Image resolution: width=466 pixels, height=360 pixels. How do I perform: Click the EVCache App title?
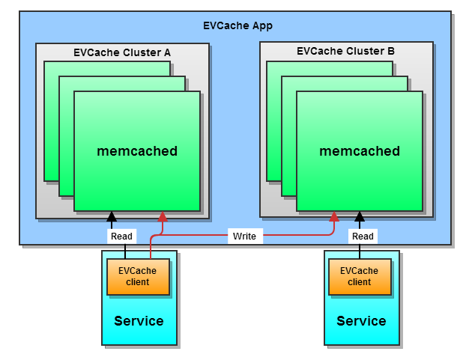click(237, 25)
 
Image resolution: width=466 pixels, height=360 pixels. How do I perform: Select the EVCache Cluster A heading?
click(122, 52)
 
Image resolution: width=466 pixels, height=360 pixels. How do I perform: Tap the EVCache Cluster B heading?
click(345, 52)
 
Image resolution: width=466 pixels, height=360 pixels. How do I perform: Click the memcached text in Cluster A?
click(137, 151)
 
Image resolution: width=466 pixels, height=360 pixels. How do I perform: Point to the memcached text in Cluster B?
click(360, 151)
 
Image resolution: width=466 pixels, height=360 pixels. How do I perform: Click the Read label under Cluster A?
click(121, 237)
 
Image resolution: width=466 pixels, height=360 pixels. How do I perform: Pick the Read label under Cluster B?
click(363, 237)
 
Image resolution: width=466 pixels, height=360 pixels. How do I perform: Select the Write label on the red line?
click(244, 237)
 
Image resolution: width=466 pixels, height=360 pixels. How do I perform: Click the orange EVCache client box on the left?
click(138, 277)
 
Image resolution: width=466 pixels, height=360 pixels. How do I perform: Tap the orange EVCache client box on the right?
click(360, 277)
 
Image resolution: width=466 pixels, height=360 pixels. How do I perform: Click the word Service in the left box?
click(139, 321)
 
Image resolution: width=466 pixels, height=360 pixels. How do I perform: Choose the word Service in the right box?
click(361, 321)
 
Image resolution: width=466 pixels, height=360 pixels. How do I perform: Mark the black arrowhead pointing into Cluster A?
click(112, 217)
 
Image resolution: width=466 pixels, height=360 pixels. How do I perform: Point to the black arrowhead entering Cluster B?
click(359, 217)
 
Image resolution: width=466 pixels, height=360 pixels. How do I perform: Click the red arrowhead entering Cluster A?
click(162, 217)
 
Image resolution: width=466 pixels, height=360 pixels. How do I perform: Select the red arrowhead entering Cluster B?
click(334, 217)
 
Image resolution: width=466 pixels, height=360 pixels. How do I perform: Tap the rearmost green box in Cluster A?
click(51, 120)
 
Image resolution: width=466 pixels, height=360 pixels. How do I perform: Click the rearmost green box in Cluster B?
click(273, 120)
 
